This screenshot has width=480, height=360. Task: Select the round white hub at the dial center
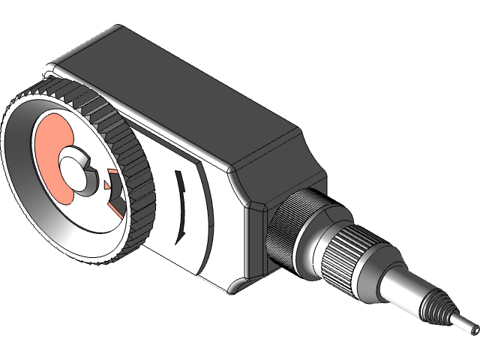(73, 169)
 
